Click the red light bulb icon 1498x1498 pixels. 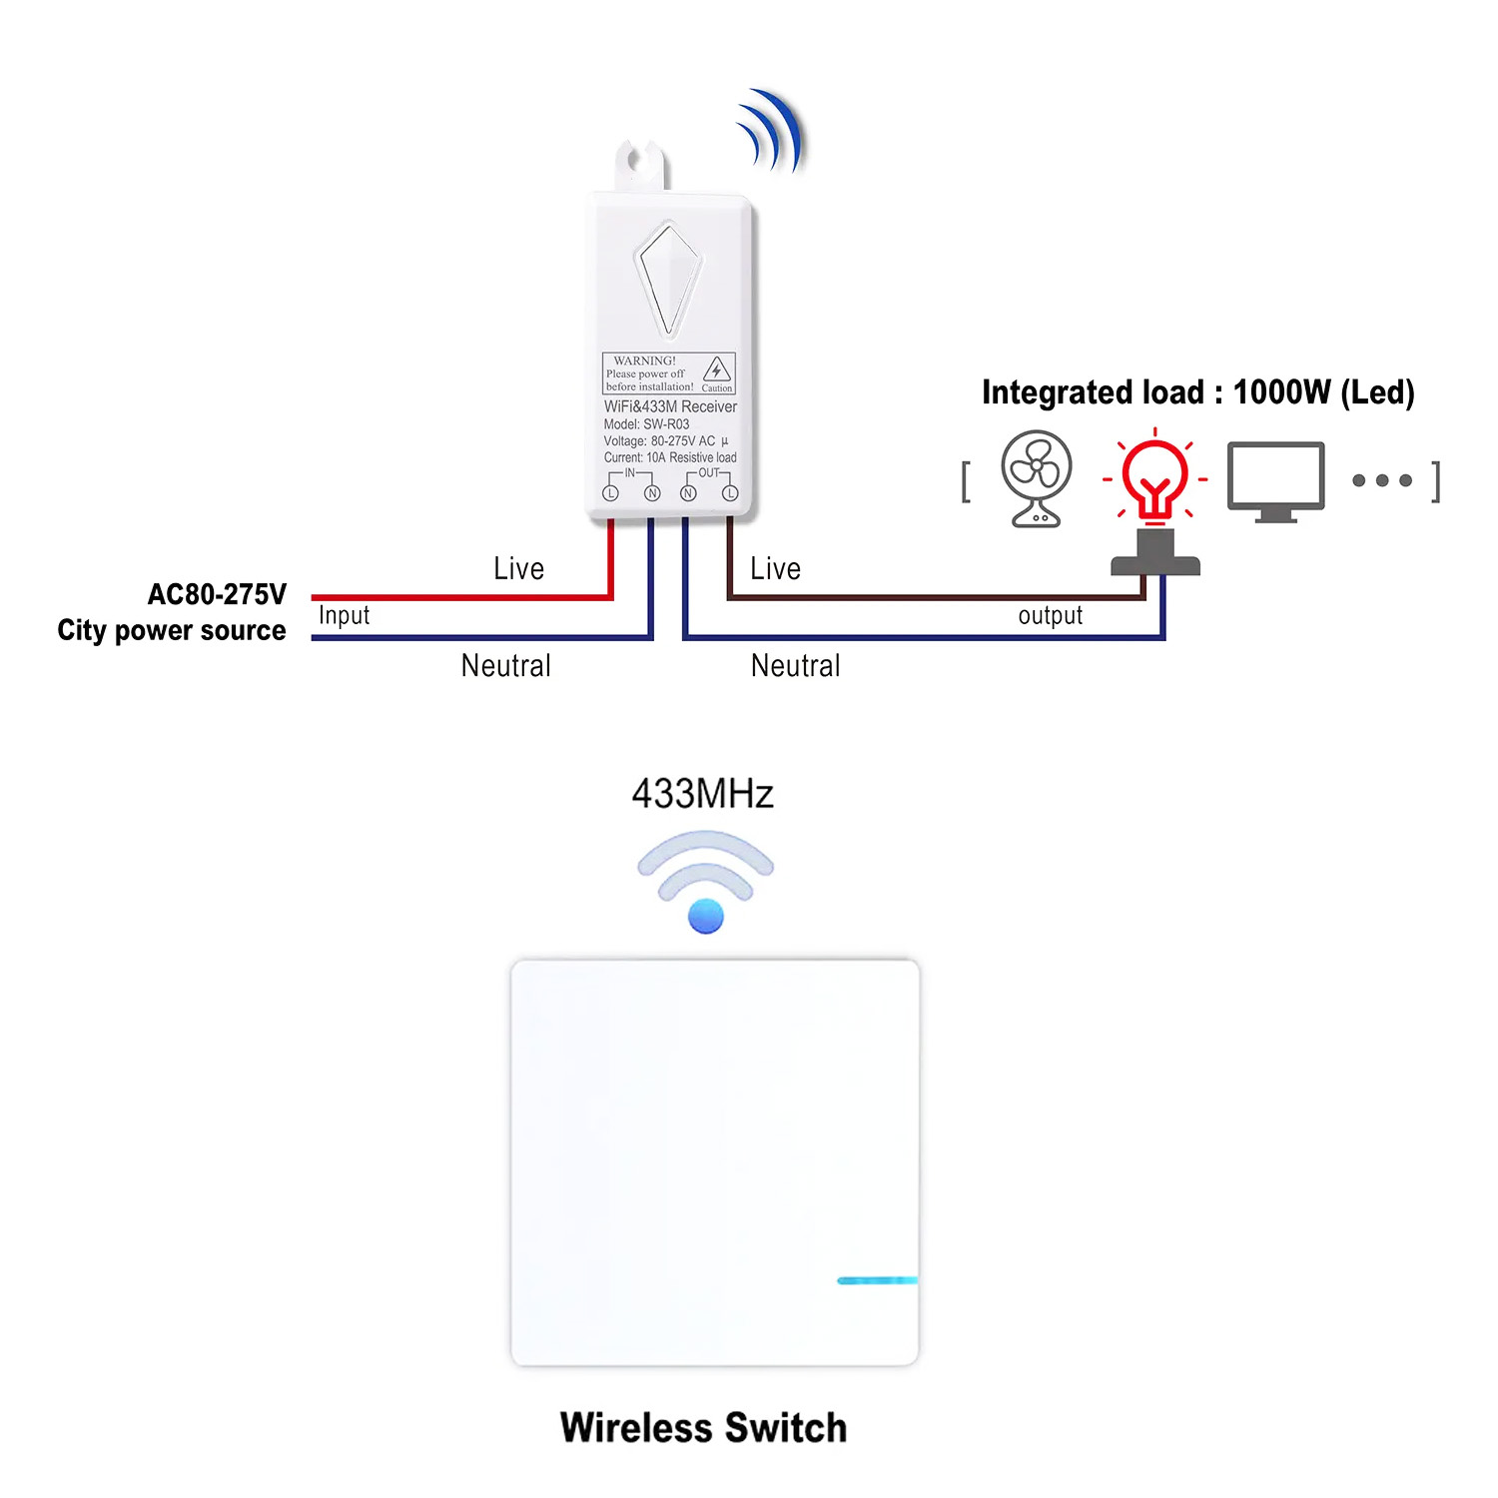pyautogui.click(x=1155, y=477)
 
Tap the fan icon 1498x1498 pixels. pyautogui.click(x=1037, y=477)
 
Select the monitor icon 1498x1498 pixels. pyautogui.click(x=1275, y=480)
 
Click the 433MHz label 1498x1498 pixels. pyautogui.click(x=703, y=794)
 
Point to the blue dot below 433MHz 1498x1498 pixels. pyautogui.click(x=706, y=916)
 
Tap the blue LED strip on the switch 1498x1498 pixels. pyautogui.click(x=877, y=1280)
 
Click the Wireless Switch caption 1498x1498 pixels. pyautogui.click(x=703, y=1427)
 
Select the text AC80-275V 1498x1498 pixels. pyautogui.click(x=217, y=594)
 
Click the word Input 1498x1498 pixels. pyautogui.click(x=344, y=615)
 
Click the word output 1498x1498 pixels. pyautogui.click(x=1050, y=615)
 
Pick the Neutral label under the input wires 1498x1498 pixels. pyautogui.click(x=505, y=665)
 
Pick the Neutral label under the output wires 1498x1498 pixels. pyautogui.click(x=795, y=665)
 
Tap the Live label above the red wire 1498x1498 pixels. pyautogui.click(x=518, y=568)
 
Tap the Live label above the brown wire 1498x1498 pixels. pyautogui.click(x=775, y=568)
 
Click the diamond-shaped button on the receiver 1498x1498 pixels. pyautogui.click(x=669, y=279)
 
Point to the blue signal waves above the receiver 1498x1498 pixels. pyautogui.click(x=772, y=132)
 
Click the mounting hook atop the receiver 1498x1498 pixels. pyautogui.click(x=641, y=166)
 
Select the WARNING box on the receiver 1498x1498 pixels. pyautogui.click(x=669, y=374)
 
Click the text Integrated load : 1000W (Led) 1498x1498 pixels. pyautogui.click(x=1197, y=392)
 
